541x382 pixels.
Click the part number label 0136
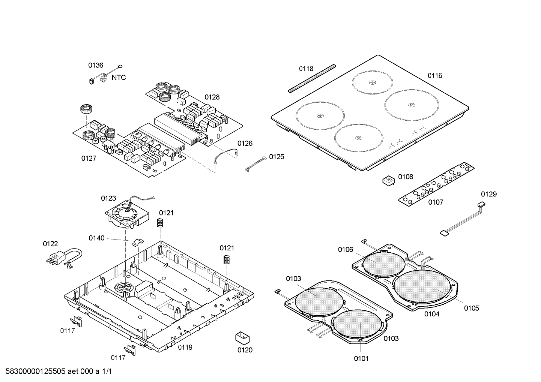[96, 65]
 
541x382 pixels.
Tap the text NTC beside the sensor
[119, 78]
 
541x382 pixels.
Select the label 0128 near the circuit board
[212, 97]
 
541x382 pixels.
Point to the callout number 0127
[89, 158]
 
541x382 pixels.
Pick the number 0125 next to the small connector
[277, 157]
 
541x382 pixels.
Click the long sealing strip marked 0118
[311, 78]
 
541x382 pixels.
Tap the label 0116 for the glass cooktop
[435, 75]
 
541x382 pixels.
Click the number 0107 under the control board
[436, 202]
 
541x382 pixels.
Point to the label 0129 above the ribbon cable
[489, 194]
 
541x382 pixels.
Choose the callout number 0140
[96, 238]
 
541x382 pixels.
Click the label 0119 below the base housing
[185, 347]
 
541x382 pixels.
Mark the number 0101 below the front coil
[361, 358]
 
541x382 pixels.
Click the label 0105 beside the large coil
[472, 308]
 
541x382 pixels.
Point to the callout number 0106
[346, 250]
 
